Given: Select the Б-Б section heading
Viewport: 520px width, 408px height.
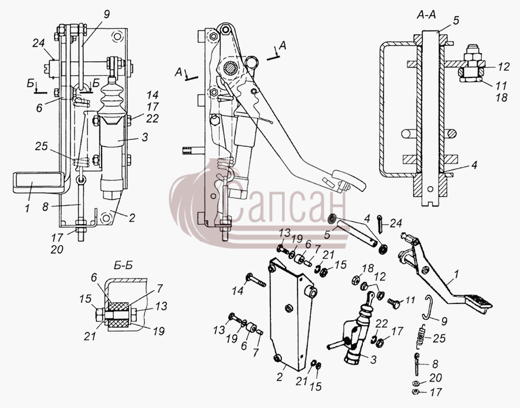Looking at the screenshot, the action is [122, 266].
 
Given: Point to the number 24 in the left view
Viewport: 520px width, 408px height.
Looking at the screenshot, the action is [39, 43].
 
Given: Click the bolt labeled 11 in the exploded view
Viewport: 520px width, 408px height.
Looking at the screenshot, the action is [393, 302].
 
